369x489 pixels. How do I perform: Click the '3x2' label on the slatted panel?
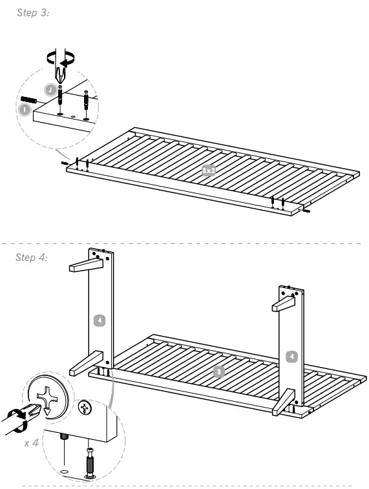coord(209,171)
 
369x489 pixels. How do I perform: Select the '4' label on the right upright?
coord(292,356)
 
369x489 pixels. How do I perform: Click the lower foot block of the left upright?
coord(86,363)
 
